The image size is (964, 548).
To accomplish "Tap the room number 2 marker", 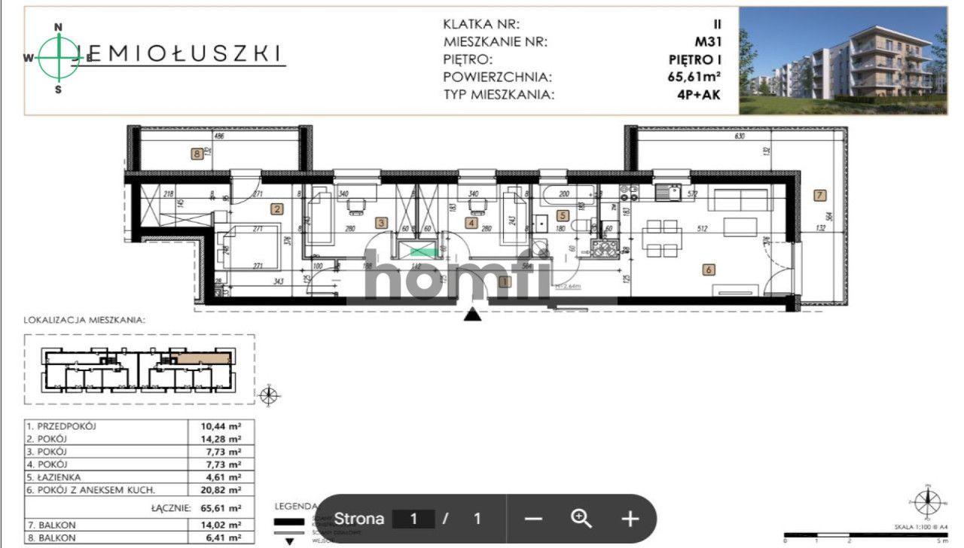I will pyautogui.click(x=277, y=209).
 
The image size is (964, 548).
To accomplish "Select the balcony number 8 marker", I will pyautogui.click(x=197, y=154).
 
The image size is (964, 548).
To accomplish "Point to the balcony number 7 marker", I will pyautogui.click(x=820, y=195).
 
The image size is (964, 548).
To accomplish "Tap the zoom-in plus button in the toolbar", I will pyautogui.click(x=630, y=519).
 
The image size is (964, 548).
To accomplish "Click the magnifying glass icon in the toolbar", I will pyautogui.click(x=581, y=519).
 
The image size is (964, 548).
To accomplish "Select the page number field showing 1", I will pyautogui.click(x=413, y=519).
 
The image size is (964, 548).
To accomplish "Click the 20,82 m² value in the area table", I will pyautogui.click(x=224, y=490).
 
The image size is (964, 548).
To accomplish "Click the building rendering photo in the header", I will pyautogui.click(x=842, y=60).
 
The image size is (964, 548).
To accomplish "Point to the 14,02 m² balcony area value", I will pyautogui.click(x=224, y=525).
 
